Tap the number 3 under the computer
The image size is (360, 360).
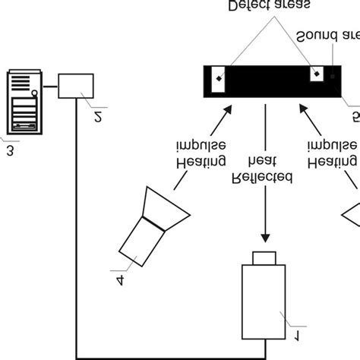(10, 150)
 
